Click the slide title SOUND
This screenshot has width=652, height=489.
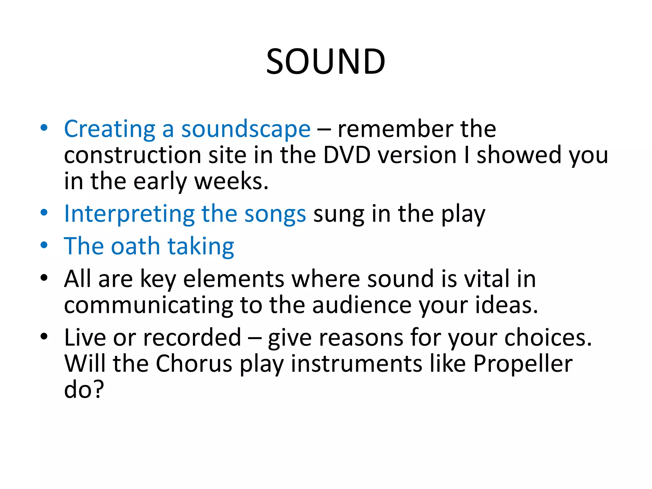click(326, 61)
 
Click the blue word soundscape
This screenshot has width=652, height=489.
click(246, 129)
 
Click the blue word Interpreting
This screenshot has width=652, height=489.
click(129, 214)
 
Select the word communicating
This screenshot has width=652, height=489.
click(148, 306)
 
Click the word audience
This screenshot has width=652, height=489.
click(362, 305)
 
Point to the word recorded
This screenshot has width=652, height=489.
click(192, 337)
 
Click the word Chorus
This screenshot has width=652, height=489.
click(194, 364)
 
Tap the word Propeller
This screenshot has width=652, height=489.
click(523, 364)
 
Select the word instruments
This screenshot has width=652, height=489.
click(357, 364)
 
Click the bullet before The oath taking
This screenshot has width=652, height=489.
click(44, 245)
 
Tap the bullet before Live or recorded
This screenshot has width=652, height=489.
click(44, 337)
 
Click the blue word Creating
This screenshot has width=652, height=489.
click(110, 129)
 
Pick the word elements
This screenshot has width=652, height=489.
click(234, 279)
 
